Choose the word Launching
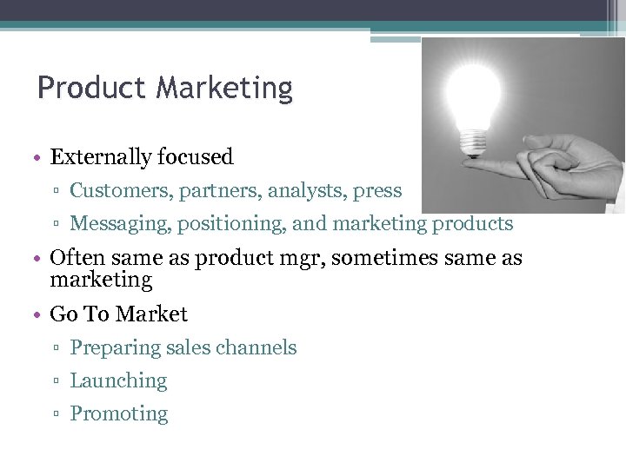pyautogui.click(x=118, y=380)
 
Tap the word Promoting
pyautogui.click(x=119, y=413)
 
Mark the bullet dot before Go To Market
pyautogui.click(x=40, y=314)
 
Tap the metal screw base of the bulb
pyautogui.click(x=473, y=140)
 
